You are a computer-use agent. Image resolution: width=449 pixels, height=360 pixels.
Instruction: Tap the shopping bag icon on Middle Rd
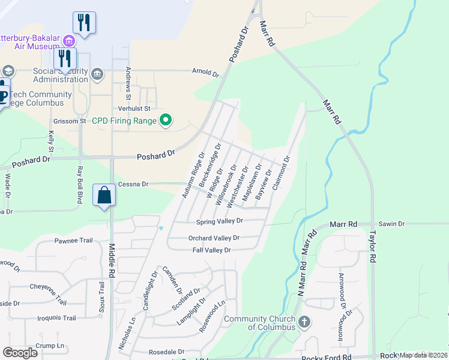click(104, 195)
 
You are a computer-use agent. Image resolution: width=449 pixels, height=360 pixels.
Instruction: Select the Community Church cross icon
click(304, 322)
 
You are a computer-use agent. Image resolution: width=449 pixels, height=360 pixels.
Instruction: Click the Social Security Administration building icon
click(97, 74)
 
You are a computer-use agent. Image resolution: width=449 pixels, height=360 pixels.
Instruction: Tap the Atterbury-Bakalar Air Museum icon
click(69, 41)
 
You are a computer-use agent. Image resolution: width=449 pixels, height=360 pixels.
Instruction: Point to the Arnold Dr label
click(206, 73)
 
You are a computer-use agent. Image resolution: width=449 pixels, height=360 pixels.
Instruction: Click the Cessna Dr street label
click(133, 184)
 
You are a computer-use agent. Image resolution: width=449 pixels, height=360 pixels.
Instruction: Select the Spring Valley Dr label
click(220, 221)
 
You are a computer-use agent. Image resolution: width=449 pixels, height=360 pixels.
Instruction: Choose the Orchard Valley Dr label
click(214, 238)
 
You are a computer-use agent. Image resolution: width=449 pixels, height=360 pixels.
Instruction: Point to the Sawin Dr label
click(392, 224)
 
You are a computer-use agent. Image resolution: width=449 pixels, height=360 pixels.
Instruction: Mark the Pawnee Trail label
click(74, 241)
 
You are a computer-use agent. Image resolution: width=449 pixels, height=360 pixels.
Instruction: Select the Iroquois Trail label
click(56, 318)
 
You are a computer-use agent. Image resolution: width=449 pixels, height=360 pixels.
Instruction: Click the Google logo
click(20, 352)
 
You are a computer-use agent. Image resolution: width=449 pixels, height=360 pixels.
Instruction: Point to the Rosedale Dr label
click(167, 352)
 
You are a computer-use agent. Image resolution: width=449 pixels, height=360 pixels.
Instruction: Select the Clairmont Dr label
click(281, 173)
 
